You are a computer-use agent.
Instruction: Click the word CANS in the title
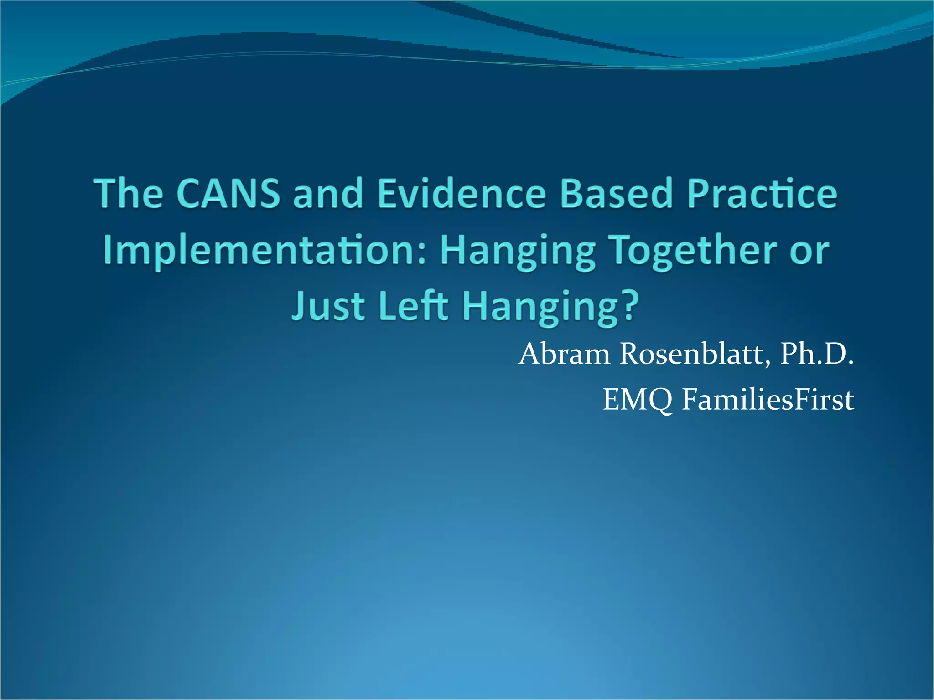tap(228, 194)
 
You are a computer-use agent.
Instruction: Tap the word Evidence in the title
tap(461, 194)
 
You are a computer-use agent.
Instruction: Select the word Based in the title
tap(617, 194)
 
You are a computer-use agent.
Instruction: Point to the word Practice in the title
tap(762, 194)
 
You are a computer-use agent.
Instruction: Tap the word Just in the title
tap(328, 306)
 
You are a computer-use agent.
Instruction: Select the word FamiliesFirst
tap(768, 400)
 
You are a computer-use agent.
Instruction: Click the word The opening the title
tap(129, 194)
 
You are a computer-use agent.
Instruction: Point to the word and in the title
tap(328, 194)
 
